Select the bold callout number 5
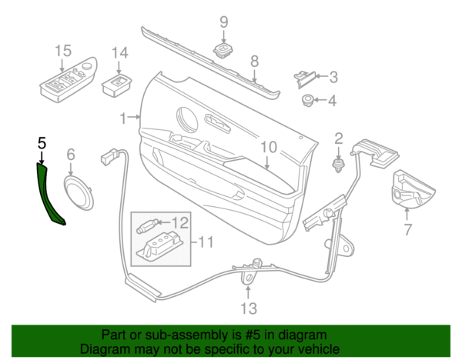click(42, 143)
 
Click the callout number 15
click(63, 51)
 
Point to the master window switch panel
click(69, 80)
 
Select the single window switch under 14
click(116, 85)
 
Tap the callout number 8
click(255, 62)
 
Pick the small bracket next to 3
click(304, 78)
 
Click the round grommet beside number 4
click(307, 100)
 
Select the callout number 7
click(407, 229)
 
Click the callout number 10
click(269, 147)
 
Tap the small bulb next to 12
click(147, 226)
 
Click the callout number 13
click(249, 308)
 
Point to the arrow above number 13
click(249, 292)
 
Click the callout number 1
click(123, 118)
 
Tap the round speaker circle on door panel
click(187, 120)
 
